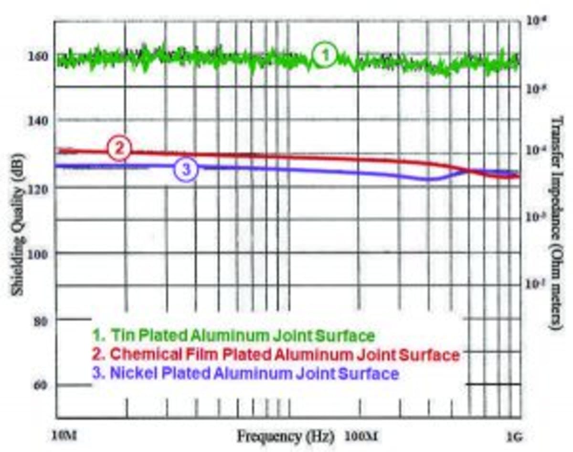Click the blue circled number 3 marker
pos(186,169)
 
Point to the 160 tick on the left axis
pos(40,56)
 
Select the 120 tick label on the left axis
pos(40,188)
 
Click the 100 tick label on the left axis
pos(40,254)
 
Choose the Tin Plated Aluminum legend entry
pos(233,336)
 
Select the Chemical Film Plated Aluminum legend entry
pos(276,355)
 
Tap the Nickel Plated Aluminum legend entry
pos(245,373)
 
